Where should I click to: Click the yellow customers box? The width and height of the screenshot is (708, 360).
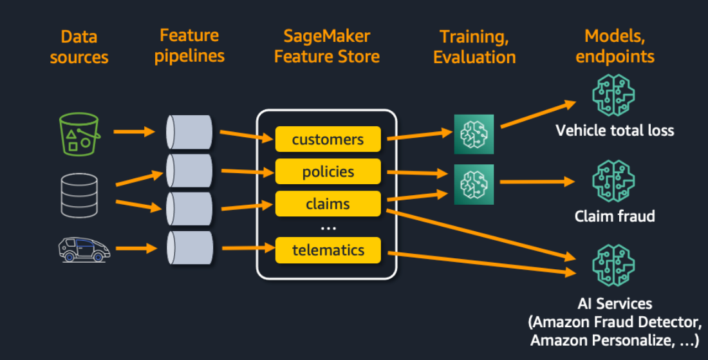point(328,139)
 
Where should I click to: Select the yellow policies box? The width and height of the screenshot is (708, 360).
point(328,172)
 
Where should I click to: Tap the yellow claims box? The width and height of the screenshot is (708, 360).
point(328,204)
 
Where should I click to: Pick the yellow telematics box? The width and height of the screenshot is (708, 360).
point(328,250)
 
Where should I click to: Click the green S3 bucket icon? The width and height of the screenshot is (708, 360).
point(79,134)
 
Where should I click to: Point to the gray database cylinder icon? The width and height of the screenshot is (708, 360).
point(79,196)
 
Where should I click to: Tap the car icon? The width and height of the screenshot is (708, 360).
point(84,249)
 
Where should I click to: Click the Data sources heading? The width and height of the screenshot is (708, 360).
point(79,47)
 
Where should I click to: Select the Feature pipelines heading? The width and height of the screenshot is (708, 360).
point(190,46)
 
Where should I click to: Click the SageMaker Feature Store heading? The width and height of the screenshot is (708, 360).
point(327,46)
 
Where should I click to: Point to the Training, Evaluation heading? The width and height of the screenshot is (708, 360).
point(474,47)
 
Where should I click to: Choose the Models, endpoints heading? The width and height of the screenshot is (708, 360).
point(615,46)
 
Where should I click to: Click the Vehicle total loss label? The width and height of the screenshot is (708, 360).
point(615,131)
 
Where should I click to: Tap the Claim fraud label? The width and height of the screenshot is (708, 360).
point(615,216)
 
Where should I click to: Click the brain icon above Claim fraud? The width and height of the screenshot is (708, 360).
point(613,181)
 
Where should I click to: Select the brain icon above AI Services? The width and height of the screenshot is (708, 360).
point(613,265)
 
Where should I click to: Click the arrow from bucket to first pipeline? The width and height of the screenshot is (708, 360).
point(134,132)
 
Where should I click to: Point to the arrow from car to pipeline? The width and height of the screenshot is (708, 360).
point(136,248)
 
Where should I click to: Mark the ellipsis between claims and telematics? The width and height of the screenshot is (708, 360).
point(328,229)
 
